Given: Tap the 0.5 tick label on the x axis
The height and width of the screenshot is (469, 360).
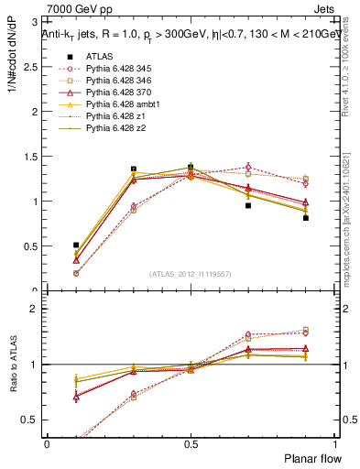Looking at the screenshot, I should [190, 443].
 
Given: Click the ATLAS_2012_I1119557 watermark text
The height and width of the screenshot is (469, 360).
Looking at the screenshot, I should [191, 273].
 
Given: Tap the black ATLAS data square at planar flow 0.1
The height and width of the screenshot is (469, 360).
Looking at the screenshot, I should [76, 245].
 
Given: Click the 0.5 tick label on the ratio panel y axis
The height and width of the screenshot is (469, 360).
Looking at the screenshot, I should [33, 420].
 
